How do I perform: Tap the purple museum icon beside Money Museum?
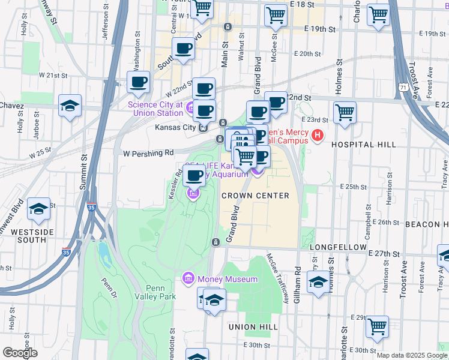click(187, 279)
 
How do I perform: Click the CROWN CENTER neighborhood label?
click(255, 196)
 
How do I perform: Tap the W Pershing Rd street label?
click(148, 153)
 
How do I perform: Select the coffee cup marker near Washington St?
click(138, 83)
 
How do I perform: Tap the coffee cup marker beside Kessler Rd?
click(194, 175)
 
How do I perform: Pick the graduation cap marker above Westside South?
click(38, 209)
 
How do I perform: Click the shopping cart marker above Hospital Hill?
click(345, 112)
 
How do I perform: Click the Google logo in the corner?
click(20, 353)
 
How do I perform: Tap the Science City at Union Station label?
click(155, 109)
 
